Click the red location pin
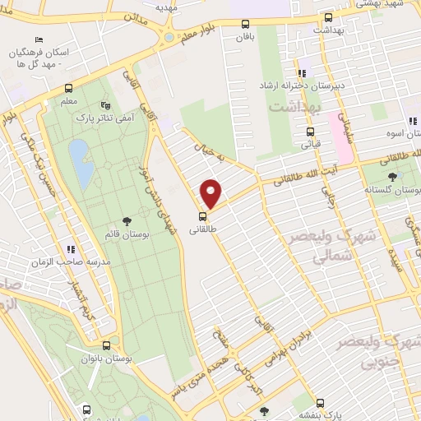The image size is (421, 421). pyautogui.click(x=211, y=194)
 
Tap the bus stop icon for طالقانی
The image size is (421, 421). pyautogui.click(x=203, y=217)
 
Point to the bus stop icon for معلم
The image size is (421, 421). pyautogui.click(x=69, y=89)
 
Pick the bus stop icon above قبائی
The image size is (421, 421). pyautogui.click(x=310, y=132)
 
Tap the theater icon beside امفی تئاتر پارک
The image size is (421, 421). pyautogui.click(x=104, y=105)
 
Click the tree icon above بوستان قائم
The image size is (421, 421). pyautogui.click(x=127, y=220)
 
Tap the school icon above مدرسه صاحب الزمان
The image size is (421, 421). pyautogui.click(x=71, y=248)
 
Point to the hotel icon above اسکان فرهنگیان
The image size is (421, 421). pyautogui.click(x=38, y=39)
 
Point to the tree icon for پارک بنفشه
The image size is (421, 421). pyautogui.click(x=263, y=410)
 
